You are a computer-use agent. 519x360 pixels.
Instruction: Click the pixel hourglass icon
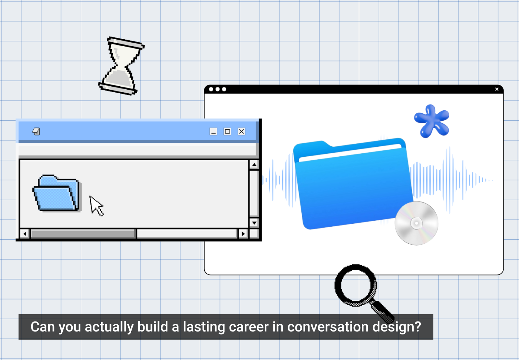(121, 66)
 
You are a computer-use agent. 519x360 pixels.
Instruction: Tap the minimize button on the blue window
(214, 131)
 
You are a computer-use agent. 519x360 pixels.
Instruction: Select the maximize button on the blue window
(227, 131)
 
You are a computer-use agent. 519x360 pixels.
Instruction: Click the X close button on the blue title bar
(241, 131)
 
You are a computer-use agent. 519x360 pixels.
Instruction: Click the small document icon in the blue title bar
(36, 131)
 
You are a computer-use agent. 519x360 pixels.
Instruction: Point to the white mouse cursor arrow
(96, 206)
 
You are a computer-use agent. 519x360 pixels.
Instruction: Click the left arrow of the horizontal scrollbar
(25, 234)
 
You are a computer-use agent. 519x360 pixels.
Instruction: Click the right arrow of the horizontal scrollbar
(243, 234)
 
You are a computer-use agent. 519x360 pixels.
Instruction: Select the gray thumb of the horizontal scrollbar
(83, 234)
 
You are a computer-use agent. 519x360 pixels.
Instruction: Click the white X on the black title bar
(497, 89)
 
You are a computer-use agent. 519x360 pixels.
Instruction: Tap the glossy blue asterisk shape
(432, 121)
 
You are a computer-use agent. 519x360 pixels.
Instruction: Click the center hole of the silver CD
(416, 223)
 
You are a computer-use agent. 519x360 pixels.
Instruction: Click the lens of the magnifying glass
(356, 285)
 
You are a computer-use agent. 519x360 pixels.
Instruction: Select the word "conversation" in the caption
(328, 327)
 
